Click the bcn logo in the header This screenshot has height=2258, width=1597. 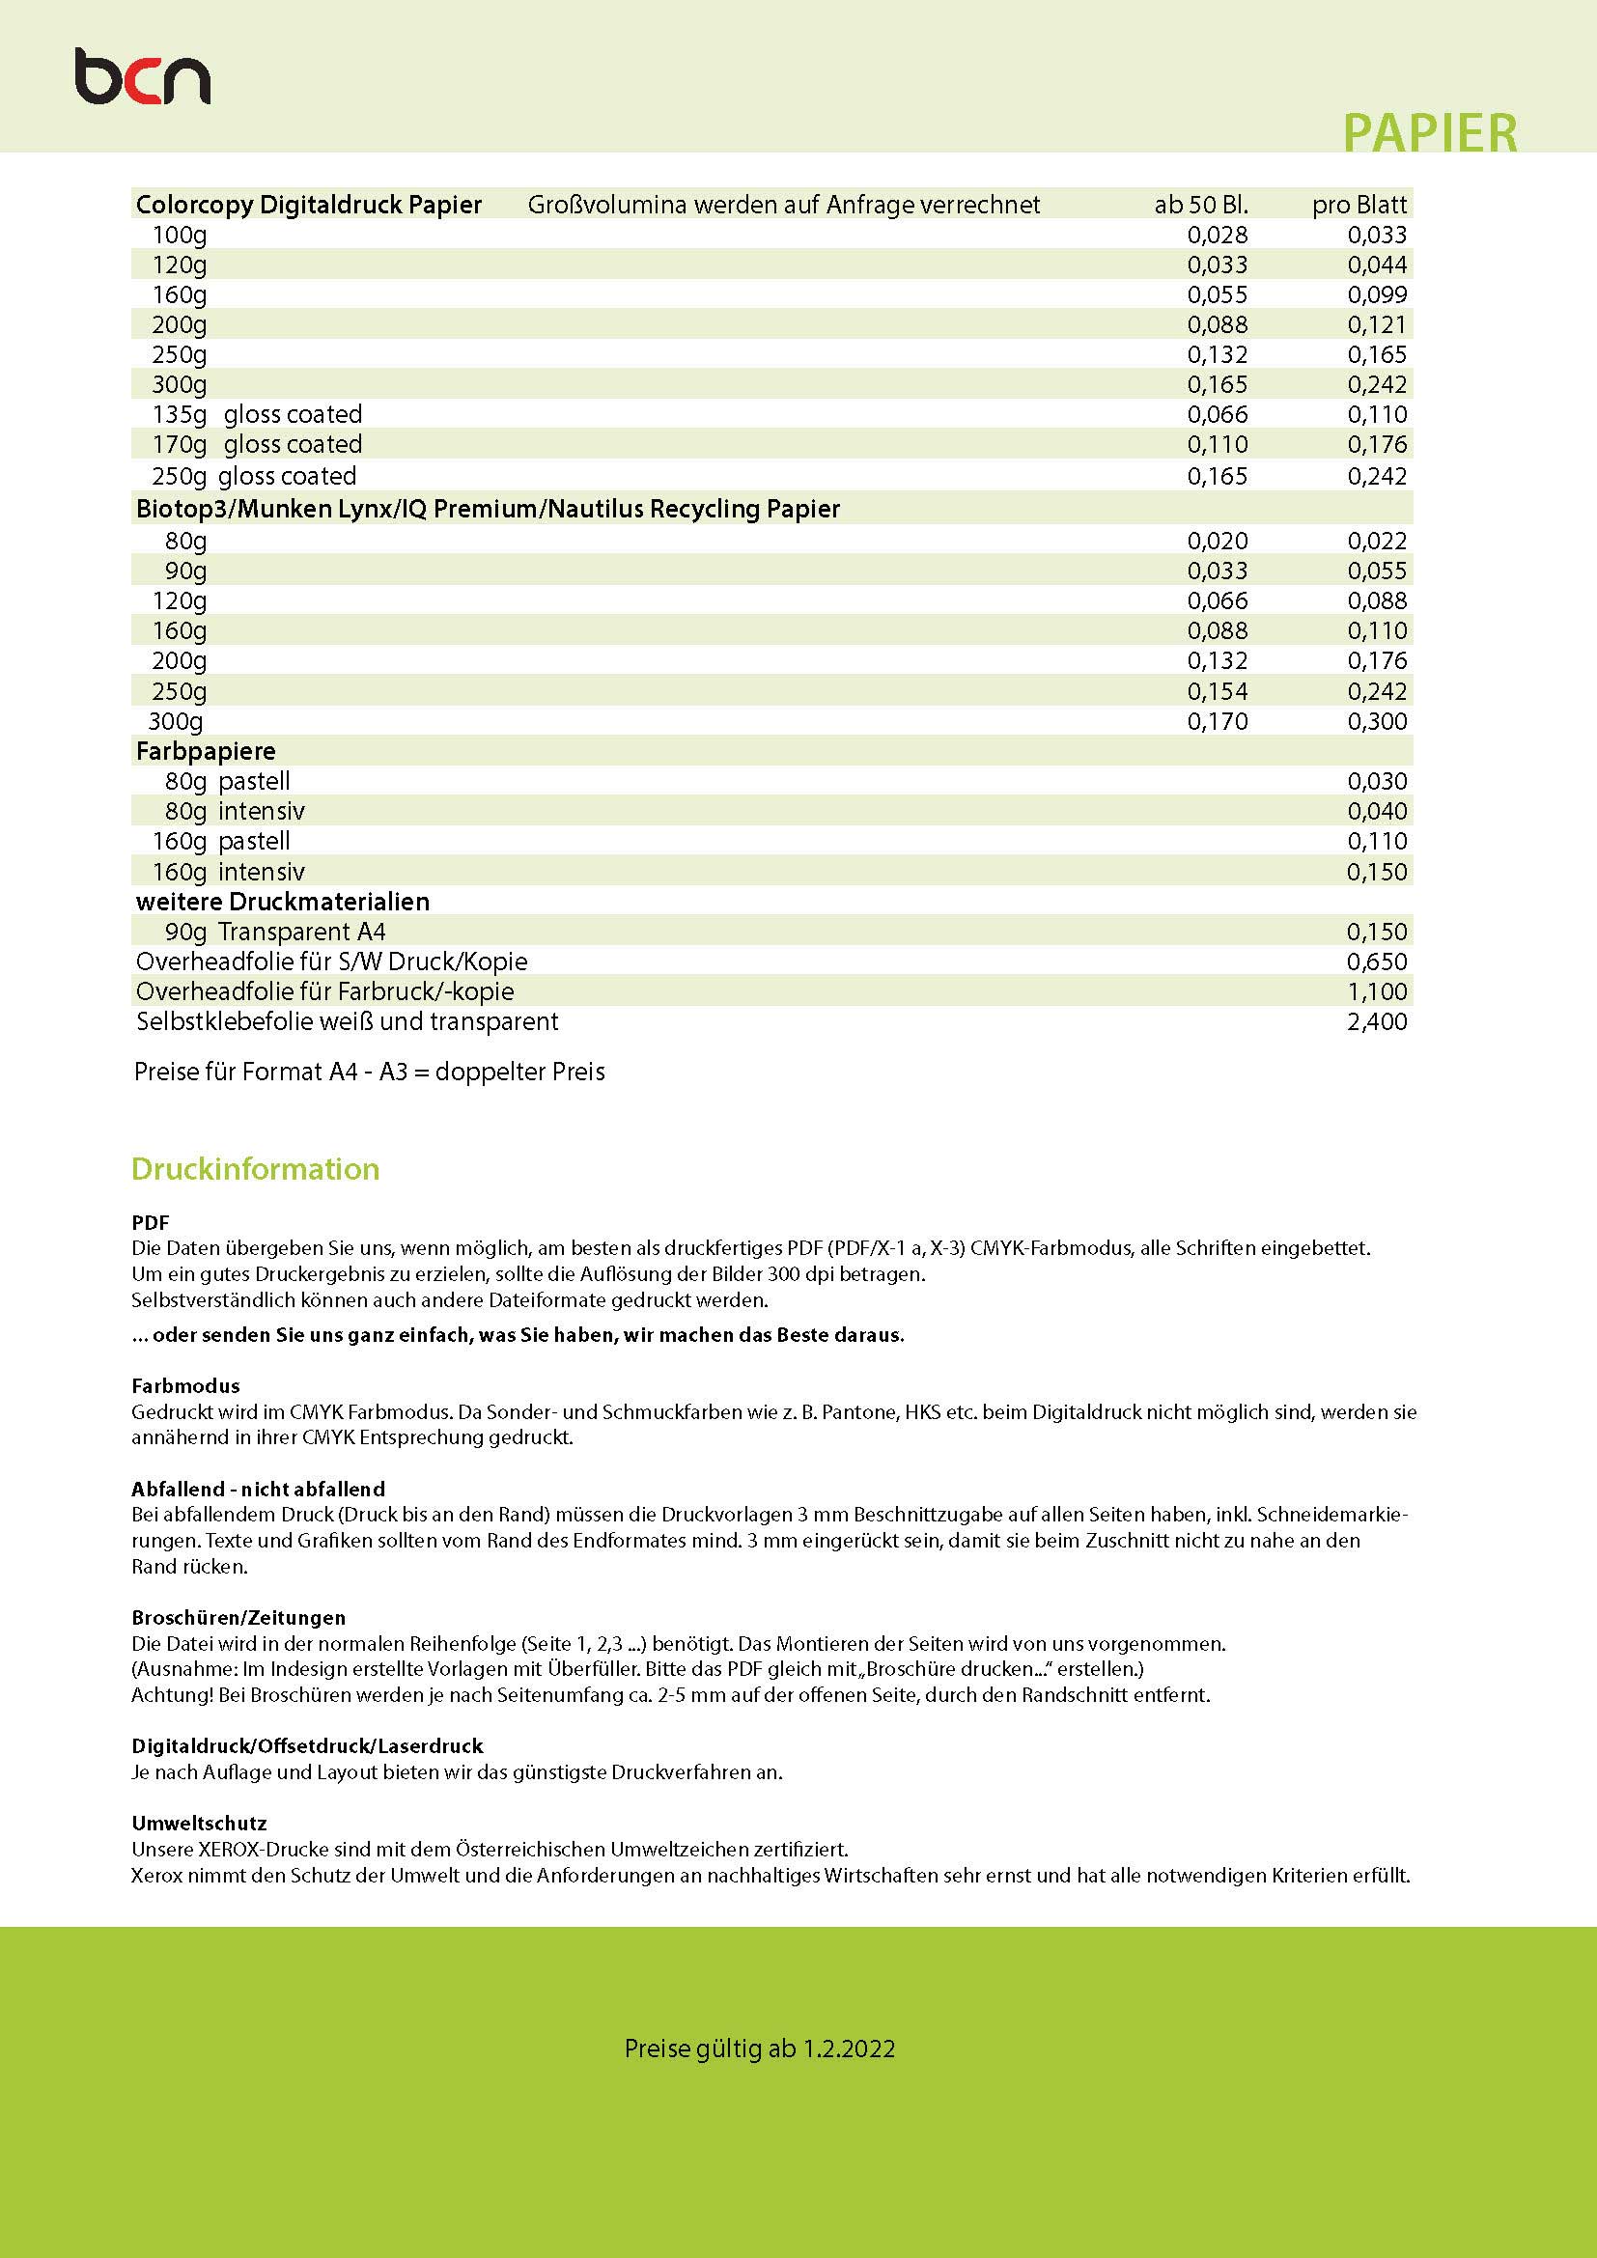(x=143, y=78)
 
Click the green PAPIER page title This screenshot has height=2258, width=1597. (x=1429, y=133)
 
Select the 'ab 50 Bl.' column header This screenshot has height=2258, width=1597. (x=1201, y=205)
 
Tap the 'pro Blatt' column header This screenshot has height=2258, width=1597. (x=1359, y=205)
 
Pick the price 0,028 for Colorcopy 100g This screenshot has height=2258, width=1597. (x=1218, y=235)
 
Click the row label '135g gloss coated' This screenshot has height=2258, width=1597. (x=257, y=414)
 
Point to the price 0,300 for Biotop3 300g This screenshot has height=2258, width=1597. (x=1377, y=721)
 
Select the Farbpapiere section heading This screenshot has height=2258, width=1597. (x=206, y=751)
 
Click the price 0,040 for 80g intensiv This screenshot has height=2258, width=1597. (x=1377, y=811)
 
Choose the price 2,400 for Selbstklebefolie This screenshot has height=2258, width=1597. (x=1377, y=1021)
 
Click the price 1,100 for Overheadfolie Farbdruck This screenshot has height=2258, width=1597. (x=1377, y=991)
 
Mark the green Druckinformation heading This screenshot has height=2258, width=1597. (x=256, y=1168)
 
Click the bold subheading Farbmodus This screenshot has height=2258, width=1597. (x=185, y=1385)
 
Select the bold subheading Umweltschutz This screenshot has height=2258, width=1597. (x=200, y=1824)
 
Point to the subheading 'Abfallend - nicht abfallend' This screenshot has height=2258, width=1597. (x=259, y=1489)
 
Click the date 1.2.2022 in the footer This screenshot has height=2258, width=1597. (x=849, y=2049)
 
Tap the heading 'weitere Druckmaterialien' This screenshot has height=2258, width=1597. (x=283, y=901)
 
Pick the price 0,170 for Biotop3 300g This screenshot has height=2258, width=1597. (x=1218, y=721)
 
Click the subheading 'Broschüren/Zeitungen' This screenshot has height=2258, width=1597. (x=238, y=1618)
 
